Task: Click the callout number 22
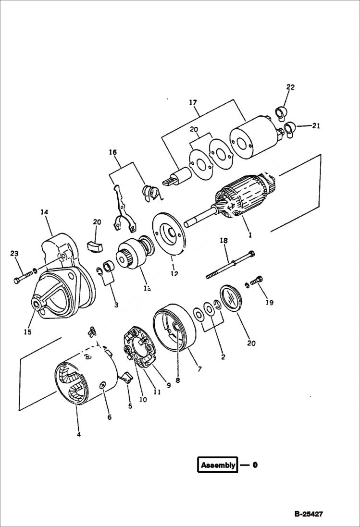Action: (290, 87)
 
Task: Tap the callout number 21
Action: (315, 126)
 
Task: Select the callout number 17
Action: (193, 102)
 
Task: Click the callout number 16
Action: (113, 152)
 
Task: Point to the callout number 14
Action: (45, 211)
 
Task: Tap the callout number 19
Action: (269, 302)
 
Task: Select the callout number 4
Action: (78, 434)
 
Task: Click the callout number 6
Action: (109, 417)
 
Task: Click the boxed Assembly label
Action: (218, 465)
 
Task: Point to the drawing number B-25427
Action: (309, 514)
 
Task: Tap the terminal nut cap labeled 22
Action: (281, 113)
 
